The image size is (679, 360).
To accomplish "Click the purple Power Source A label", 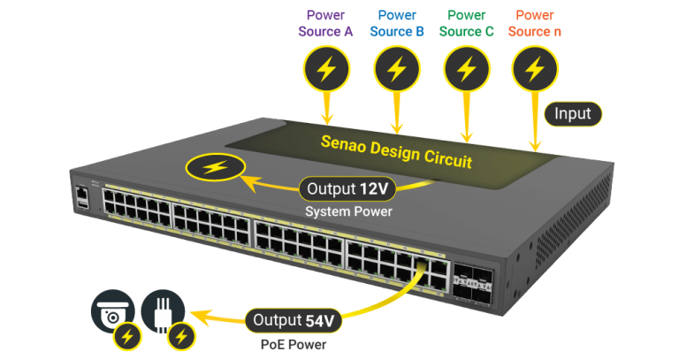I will coord(328,23).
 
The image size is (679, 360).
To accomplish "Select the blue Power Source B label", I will coord(397,23).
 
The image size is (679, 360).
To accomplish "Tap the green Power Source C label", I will coord(466,23).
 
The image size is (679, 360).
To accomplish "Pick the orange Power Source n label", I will coord(534,23).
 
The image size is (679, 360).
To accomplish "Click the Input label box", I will coord(573,113).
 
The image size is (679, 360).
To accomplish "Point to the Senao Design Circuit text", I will coord(396,150).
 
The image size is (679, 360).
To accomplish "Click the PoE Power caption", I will coord(293,344).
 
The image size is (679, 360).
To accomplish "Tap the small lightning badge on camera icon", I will coord(129,336).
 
